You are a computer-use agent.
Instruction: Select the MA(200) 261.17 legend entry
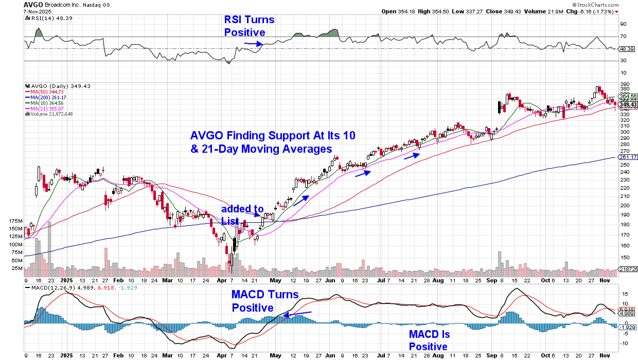[x=46, y=98]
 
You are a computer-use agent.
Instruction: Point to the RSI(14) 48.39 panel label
[x=43, y=18]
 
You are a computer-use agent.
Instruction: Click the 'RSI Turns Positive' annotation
[x=249, y=26]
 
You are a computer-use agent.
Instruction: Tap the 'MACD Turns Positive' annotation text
[x=264, y=301]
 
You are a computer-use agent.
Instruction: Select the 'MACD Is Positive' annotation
[x=429, y=340]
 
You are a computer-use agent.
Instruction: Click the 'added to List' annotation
[x=242, y=214]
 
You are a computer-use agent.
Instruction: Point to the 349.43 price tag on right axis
[x=627, y=104]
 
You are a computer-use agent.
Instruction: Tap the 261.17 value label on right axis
[x=628, y=156]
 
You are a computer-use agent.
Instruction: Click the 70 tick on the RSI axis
[x=623, y=36]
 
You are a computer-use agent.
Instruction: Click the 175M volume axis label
[x=15, y=221]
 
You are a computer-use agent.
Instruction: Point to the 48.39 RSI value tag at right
[x=627, y=49]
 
